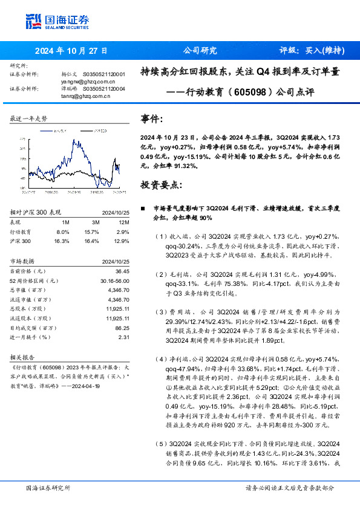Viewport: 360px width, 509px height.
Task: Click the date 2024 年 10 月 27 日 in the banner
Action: pyautogui.click(x=71, y=51)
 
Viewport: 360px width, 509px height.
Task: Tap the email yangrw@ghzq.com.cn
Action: pyautogui.click(x=88, y=81)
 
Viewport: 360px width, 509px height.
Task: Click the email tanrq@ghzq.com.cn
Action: pyautogui.click(x=83, y=96)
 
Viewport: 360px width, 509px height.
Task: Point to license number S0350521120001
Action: pyautogui.click(x=103, y=74)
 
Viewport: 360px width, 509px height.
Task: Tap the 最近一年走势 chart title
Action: pyautogui.click(x=28, y=119)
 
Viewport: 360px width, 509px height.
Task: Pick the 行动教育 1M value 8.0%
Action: pyautogui.click(x=63, y=232)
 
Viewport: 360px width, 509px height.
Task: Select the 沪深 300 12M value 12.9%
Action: pyautogui.click(x=122, y=241)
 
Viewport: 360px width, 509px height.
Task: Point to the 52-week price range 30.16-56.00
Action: pyautogui.click(x=114, y=281)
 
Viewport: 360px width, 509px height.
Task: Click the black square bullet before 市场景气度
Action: pyautogui.click(x=143, y=208)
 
